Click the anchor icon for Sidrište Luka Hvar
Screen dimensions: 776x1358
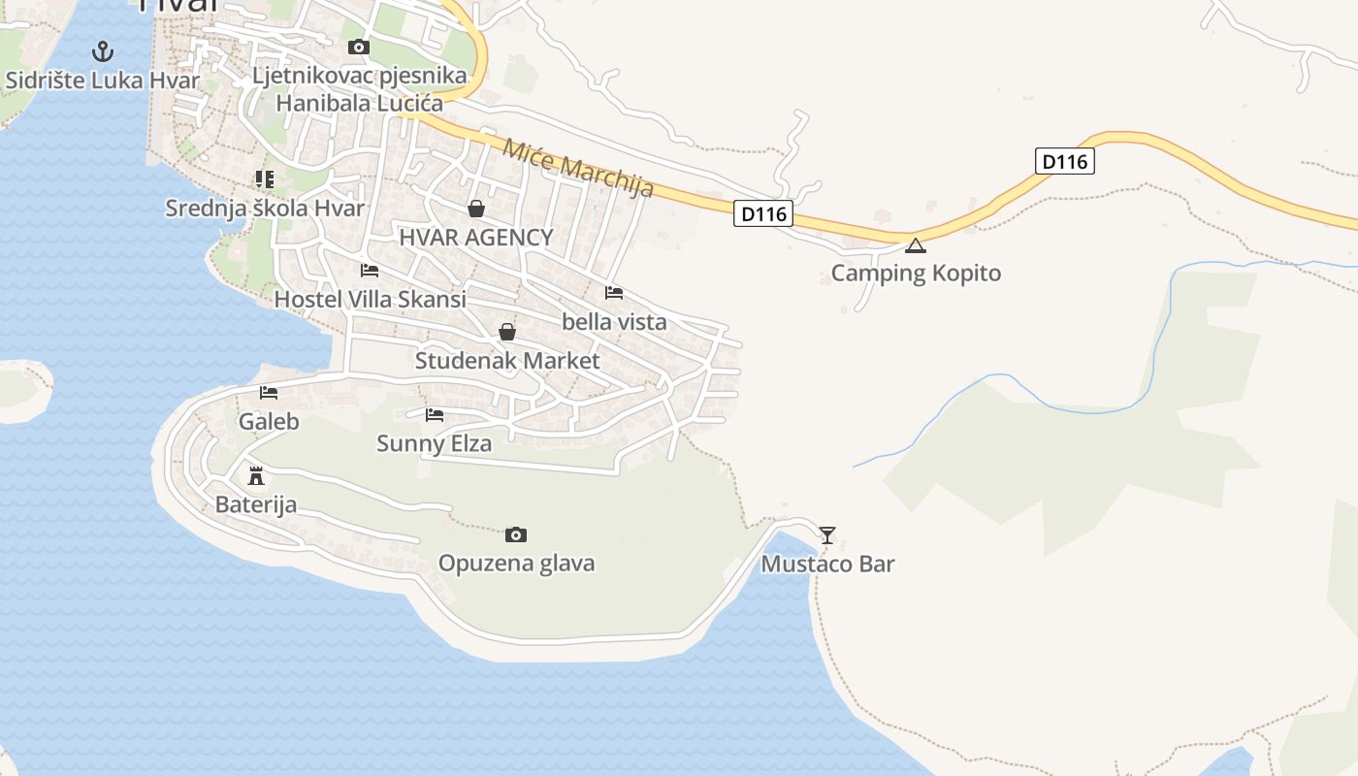(103, 51)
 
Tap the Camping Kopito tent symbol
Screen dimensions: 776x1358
(915, 245)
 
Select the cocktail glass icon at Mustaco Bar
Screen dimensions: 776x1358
(826, 534)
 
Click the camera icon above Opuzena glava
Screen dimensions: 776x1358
(516, 534)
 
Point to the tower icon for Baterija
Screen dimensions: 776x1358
(256, 476)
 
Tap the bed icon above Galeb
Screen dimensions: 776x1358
(269, 393)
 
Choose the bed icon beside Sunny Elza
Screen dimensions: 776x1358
(435, 415)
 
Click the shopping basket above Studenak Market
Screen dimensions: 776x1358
(506, 332)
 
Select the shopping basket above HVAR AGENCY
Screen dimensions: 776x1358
(476, 209)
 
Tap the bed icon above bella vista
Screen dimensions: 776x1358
(613, 292)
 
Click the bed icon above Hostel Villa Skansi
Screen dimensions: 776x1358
(370, 271)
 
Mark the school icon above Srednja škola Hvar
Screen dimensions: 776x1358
(264, 179)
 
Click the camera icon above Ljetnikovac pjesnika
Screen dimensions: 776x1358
(359, 47)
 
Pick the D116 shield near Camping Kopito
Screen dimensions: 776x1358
(763, 213)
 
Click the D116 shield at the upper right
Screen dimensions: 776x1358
(1065, 161)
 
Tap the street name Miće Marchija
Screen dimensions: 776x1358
(578, 168)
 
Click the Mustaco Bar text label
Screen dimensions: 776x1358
(827, 564)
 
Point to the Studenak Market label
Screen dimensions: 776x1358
(507, 361)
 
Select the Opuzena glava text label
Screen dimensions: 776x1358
(516, 564)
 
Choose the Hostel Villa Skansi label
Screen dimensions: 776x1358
(370, 299)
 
